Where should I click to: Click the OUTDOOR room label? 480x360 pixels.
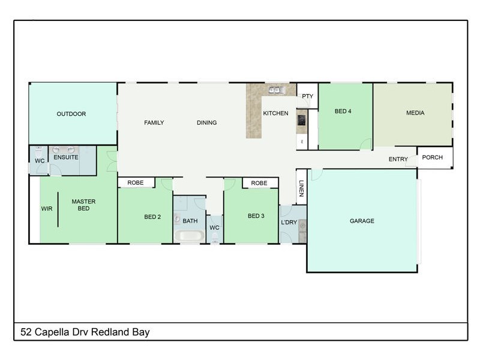(71, 114)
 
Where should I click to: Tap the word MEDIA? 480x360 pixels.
(415, 113)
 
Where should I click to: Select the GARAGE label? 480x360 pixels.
(362, 221)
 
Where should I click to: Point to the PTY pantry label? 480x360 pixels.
(307, 96)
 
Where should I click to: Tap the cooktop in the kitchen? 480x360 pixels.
(301, 121)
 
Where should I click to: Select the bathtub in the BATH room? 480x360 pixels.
(190, 236)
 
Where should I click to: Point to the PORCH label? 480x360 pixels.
(432, 158)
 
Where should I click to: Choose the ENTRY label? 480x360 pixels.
(398, 159)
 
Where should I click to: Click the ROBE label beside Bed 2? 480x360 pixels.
(135, 182)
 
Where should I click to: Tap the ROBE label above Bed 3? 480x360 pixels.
(259, 183)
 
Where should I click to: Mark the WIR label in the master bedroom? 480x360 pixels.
(47, 209)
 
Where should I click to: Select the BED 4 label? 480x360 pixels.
(343, 111)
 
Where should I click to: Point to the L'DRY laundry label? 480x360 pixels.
(289, 223)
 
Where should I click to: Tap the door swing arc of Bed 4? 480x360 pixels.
(365, 144)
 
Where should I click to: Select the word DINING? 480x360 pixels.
(207, 123)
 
